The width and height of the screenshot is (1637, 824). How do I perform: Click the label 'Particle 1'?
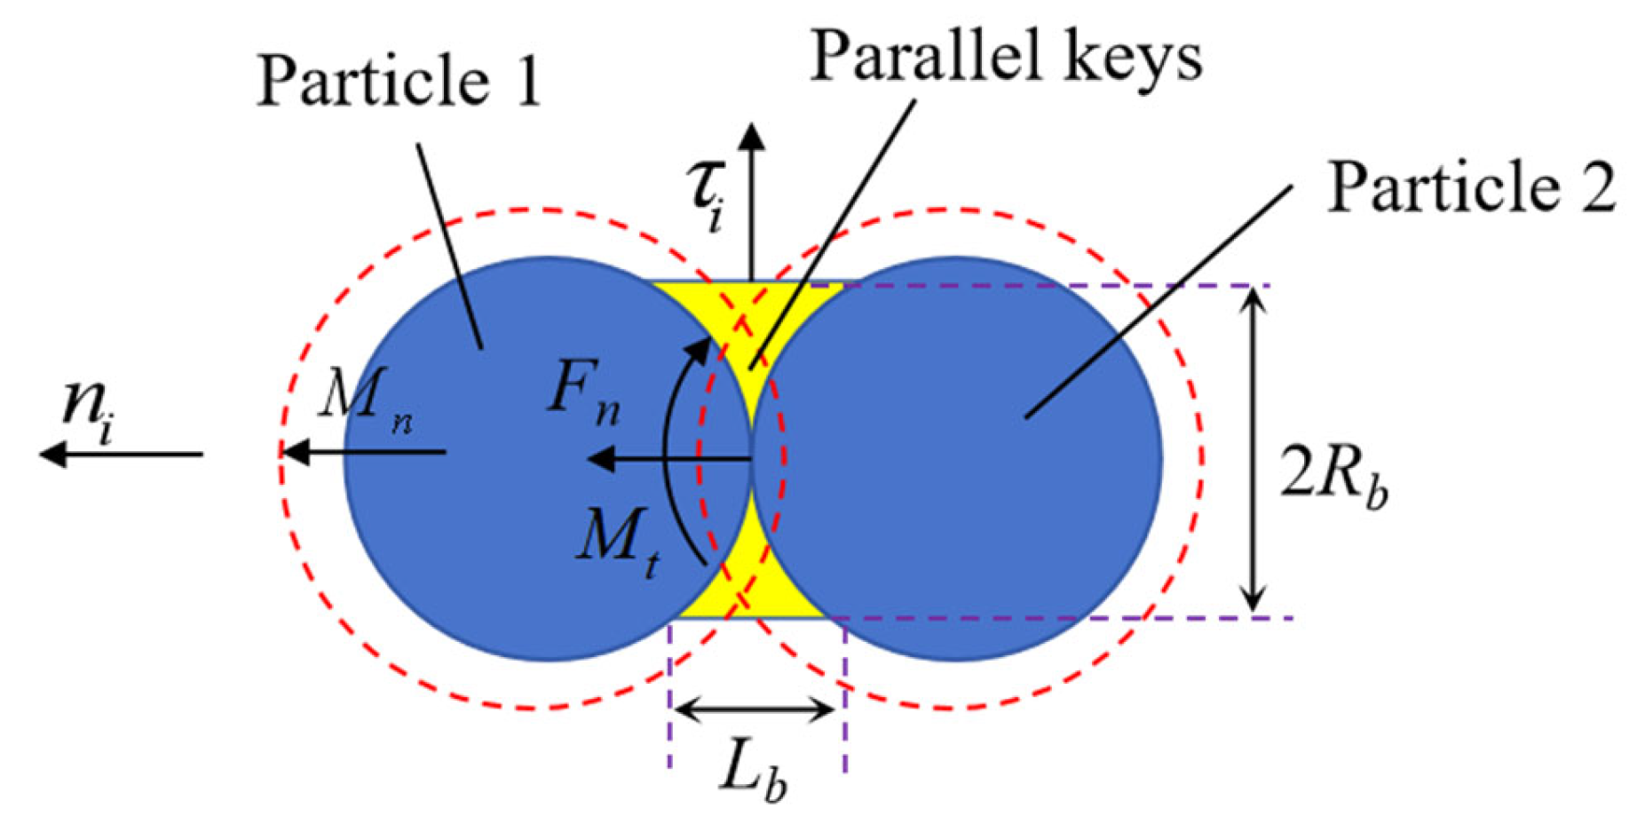click(x=399, y=82)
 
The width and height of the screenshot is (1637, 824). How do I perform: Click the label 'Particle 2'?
click(x=1470, y=188)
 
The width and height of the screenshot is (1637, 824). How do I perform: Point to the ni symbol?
click(x=88, y=409)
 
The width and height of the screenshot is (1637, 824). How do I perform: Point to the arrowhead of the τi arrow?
click(x=753, y=136)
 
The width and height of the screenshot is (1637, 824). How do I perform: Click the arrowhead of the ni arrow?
click(x=51, y=454)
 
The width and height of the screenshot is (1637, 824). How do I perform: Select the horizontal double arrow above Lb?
click(x=753, y=709)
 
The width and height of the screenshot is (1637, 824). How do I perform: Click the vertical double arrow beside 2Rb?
click(x=1253, y=451)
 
